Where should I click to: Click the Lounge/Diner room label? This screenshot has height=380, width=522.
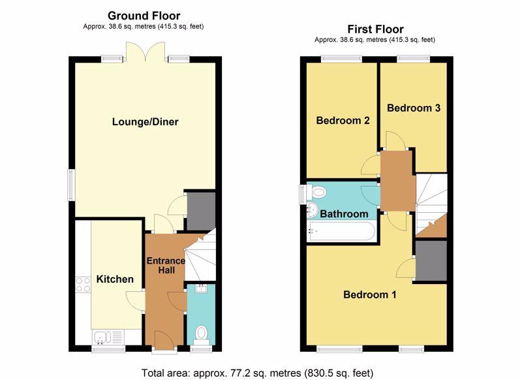[x=145, y=122]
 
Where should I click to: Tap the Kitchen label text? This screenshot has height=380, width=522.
[x=115, y=279]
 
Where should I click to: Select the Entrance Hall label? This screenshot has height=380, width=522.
[x=166, y=266]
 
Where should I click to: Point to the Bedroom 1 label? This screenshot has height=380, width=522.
[x=370, y=294]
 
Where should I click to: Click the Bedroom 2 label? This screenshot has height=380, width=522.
[x=343, y=120]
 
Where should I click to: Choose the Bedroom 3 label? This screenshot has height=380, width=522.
[x=414, y=108]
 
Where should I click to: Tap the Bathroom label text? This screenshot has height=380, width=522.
[x=344, y=214]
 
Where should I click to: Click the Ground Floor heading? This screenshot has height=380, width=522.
[x=144, y=16]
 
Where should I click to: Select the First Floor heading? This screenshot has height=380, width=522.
[x=376, y=29]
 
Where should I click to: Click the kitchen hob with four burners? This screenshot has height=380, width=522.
[x=83, y=285]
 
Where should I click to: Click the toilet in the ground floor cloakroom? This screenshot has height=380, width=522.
[x=201, y=336]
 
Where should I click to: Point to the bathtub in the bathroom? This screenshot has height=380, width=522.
[x=341, y=230]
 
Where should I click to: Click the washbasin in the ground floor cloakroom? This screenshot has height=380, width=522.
[x=201, y=289]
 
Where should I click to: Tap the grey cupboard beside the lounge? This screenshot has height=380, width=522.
[x=201, y=211]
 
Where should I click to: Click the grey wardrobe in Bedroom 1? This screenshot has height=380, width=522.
[x=431, y=261]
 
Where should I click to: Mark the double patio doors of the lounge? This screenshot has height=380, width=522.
[x=145, y=52]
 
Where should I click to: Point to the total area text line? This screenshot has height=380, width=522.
[x=257, y=373]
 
